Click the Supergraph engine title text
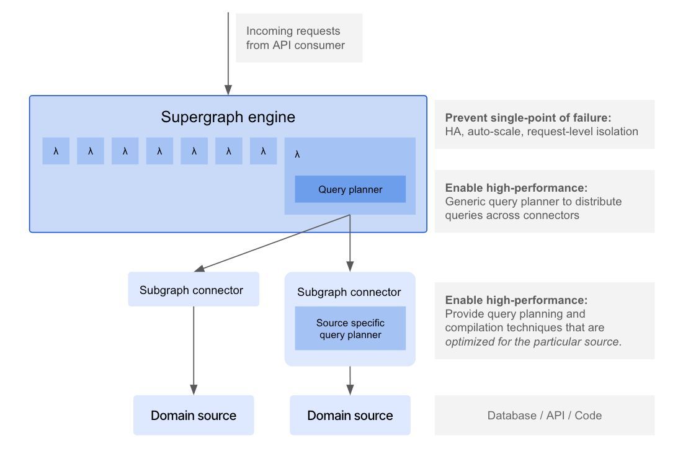[228, 117]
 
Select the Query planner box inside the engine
[350, 189]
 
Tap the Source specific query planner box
[350, 329]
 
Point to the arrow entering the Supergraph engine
[228, 56]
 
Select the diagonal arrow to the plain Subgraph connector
[273, 243]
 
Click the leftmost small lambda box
[56, 151]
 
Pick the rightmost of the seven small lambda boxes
[263, 151]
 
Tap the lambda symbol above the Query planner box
[297, 154]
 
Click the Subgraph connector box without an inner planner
[193, 290]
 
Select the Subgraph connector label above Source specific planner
[349, 292]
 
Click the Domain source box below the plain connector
[193, 416]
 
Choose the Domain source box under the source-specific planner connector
[350, 416]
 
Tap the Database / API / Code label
[544, 416]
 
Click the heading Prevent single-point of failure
[529, 118]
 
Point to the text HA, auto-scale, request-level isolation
[542, 132]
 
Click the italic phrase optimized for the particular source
[532, 341]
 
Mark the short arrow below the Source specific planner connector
[350, 380]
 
